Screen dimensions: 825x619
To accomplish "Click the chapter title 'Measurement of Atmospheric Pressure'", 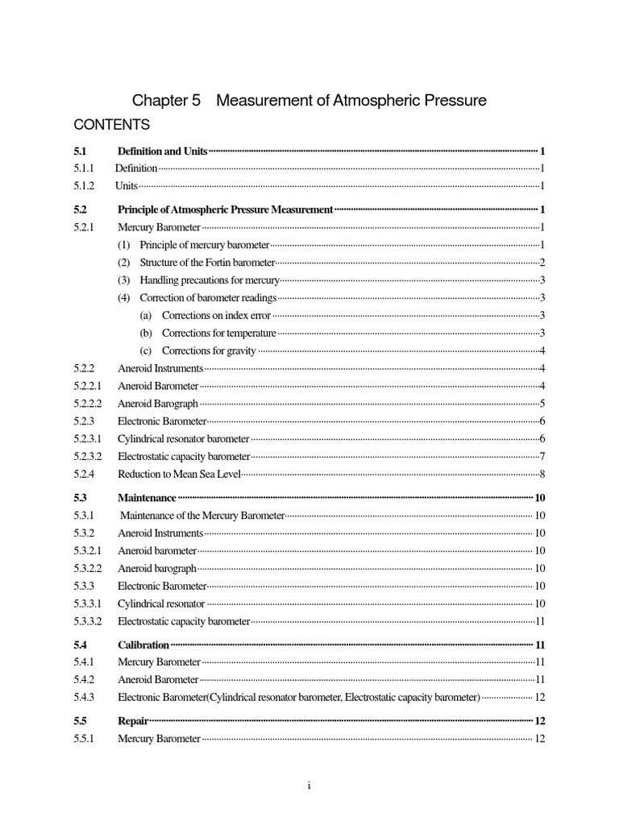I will tap(352, 101).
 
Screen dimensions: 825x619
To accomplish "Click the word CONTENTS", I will tap(111, 125).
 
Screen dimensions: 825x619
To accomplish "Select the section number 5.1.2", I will tap(84, 185).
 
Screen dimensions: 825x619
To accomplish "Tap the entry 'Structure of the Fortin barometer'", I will tap(207, 263).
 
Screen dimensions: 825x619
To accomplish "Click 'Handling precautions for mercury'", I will tap(209, 280).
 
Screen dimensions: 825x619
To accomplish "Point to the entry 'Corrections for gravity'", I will tap(209, 350).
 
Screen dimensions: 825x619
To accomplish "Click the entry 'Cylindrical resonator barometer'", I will tap(183, 439).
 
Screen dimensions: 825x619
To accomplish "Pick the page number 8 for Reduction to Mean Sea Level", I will tap(543, 475).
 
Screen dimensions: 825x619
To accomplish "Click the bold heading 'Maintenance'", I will tap(147, 498).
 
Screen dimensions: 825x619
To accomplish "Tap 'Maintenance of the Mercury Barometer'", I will tap(202, 516).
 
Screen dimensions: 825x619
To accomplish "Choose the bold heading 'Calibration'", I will tap(143, 645).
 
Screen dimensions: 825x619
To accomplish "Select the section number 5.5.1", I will tap(84, 739).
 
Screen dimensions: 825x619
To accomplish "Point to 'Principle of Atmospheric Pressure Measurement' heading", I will tap(225, 209).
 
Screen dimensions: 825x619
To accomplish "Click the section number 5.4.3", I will tap(84, 697).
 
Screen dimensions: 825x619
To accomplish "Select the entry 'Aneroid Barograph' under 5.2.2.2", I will tap(158, 404).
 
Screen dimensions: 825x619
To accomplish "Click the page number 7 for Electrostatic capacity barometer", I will tap(543, 457).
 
